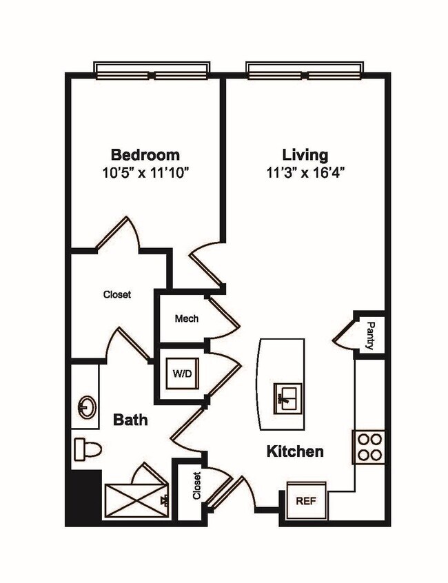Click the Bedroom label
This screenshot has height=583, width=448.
pyautogui.click(x=145, y=154)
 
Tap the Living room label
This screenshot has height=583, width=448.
pyautogui.click(x=305, y=154)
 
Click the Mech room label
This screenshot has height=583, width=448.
pyautogui.click(x=186, y=318)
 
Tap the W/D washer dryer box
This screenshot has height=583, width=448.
pyautogui.click(x=183, y=374)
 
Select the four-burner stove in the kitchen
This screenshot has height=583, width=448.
pyautogui.click(x=369, y=447)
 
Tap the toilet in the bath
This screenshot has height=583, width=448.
pyautogui.click(x=87, y=449)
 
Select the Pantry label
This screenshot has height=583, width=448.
pyautogui.click(x=370, y=336)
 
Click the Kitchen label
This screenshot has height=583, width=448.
pyautogui.click(x=295, y=452)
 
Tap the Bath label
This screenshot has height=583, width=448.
pyautogui.click(x=130, y=419)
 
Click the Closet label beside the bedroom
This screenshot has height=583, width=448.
pyautogui.click(x=117, y=294)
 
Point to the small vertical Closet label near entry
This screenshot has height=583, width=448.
pyautogui.click(x=197, y=486)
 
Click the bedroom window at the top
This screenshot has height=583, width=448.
pyautogui.click(x=151, y=70)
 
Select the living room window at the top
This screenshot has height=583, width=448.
pyautogui.click(x=303, y=70)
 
